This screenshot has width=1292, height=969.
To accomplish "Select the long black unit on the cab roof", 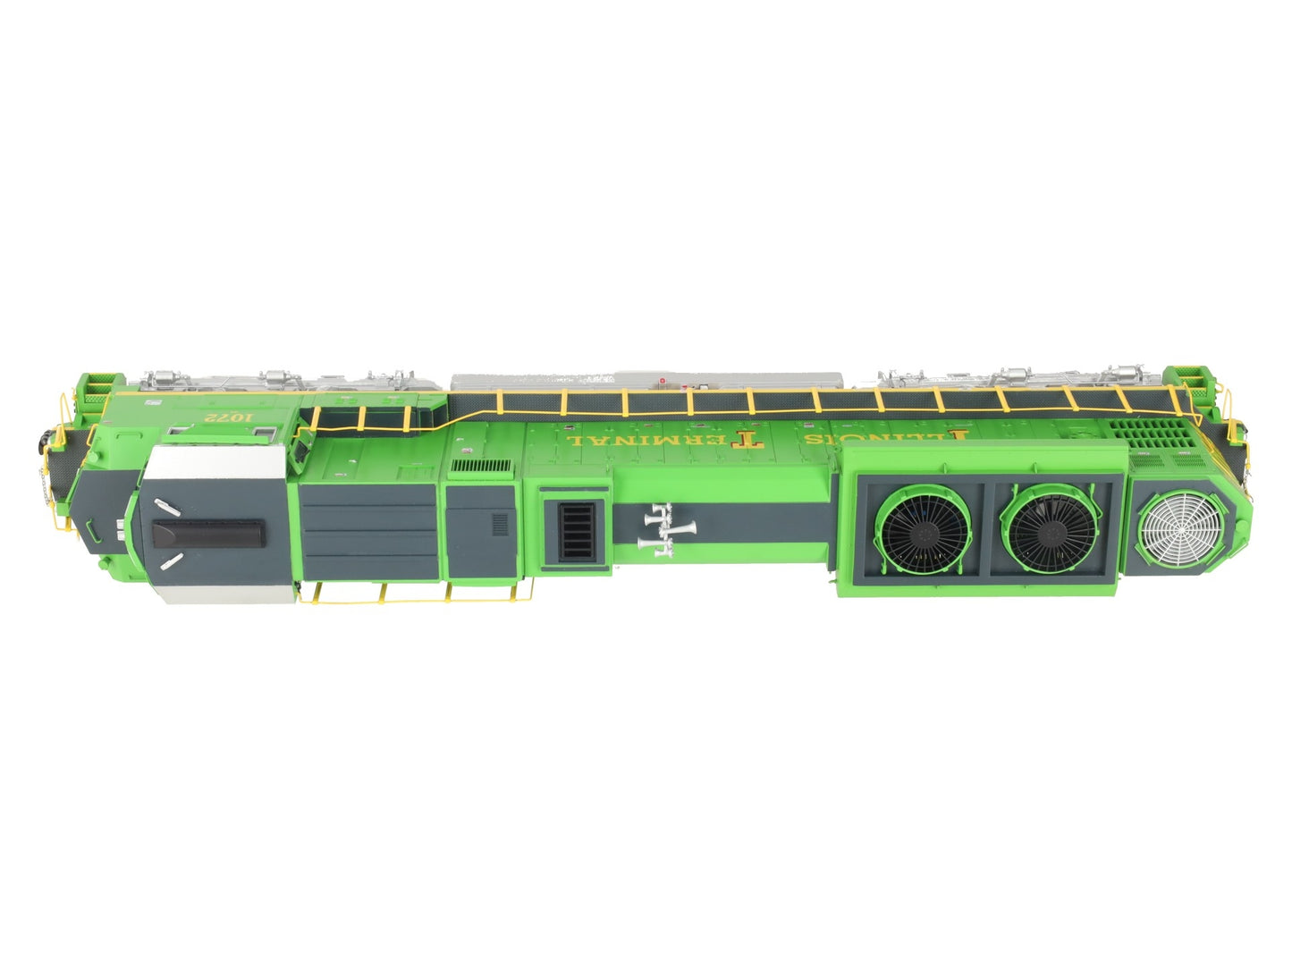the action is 207,535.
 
